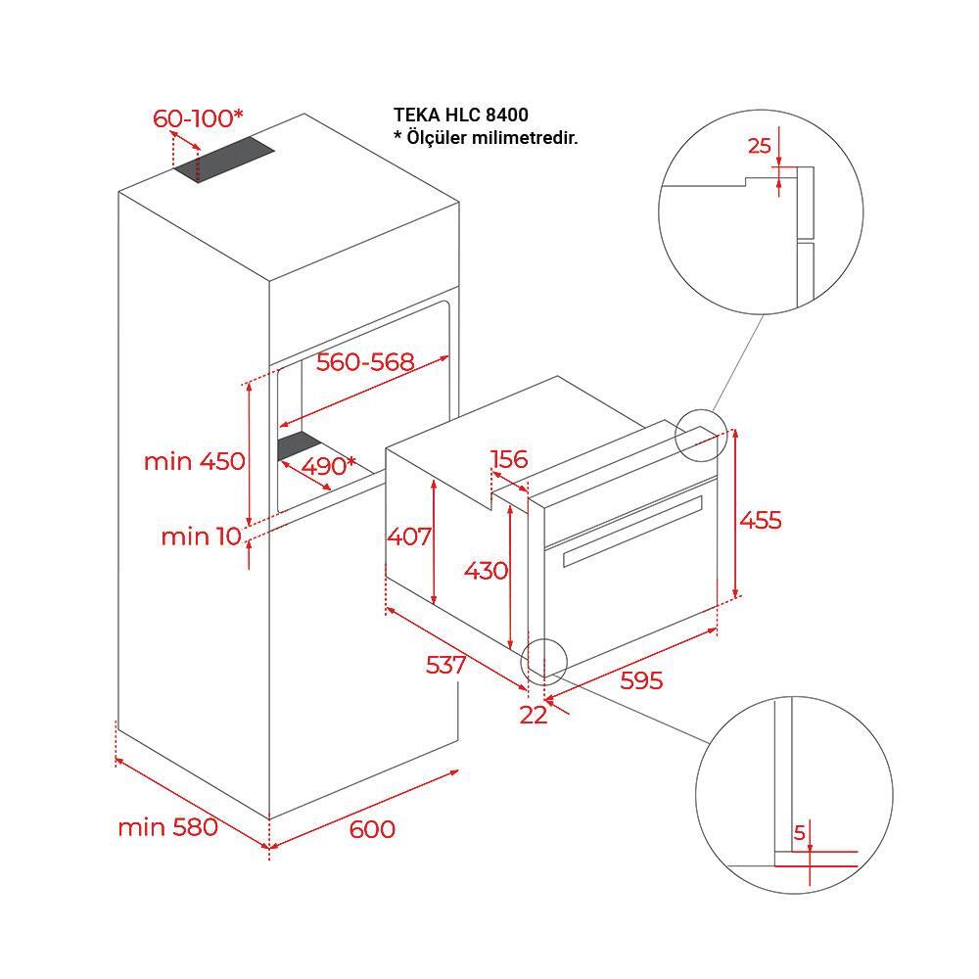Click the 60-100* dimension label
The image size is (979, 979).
point(198,119)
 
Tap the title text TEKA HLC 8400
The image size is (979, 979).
point(461,117)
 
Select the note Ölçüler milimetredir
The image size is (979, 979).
point(486,138)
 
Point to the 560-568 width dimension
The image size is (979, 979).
point(365,362)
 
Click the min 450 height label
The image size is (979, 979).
point(195,461)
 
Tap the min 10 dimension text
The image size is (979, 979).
point(199,536)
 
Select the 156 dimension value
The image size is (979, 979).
point(509,459)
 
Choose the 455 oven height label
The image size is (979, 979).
point(761,520)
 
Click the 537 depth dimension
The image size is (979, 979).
point(445,665)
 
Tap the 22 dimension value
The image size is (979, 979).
point(534,715)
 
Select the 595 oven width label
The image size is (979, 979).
point(641,680)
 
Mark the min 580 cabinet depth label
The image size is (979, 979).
point(167,827)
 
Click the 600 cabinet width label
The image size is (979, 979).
point(372,829)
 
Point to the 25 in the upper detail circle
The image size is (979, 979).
point(760,147)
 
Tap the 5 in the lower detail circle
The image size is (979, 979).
point(800,833)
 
